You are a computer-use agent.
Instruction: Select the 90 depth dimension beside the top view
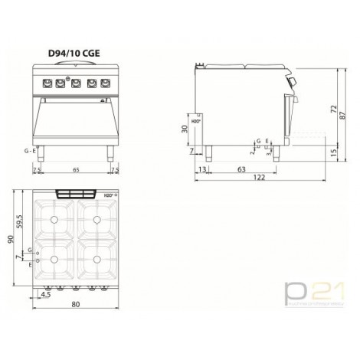10,239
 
